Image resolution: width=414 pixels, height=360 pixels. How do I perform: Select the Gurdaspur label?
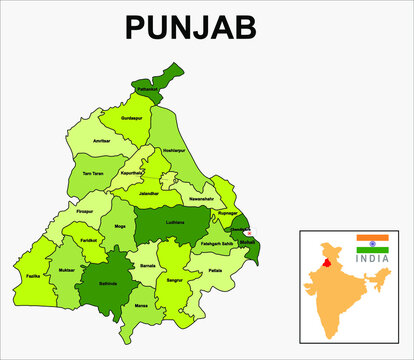131,118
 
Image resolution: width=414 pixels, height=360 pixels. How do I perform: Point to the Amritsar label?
101,142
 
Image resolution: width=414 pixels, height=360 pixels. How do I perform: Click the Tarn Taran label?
92,174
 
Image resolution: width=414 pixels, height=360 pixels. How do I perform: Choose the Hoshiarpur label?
174,150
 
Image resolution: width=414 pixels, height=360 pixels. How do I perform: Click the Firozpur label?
84,211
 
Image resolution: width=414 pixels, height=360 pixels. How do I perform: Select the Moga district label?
121,228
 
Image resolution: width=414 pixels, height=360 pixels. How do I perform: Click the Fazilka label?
33,276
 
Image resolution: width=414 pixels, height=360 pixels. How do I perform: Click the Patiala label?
215,271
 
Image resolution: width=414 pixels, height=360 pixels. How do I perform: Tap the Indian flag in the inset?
372,243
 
